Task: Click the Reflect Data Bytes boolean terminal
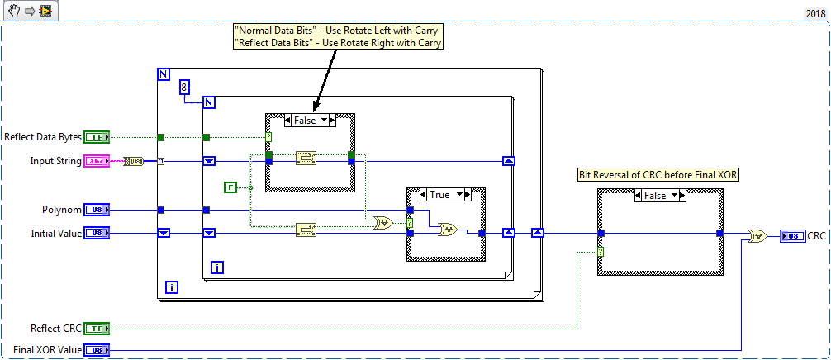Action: tap(96, 137)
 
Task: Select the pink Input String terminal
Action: tap(96, 161)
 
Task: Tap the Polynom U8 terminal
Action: tap(96, 210)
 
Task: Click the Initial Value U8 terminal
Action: tap(96, 234)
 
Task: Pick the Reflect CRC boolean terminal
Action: tap(96, 329)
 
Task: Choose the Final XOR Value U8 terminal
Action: tap(96, 350)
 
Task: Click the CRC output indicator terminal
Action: tap(791, 236)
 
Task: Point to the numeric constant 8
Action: tap(185, 87)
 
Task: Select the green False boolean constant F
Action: tap(231, 188)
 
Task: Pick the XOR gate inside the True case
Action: tap(449, 230)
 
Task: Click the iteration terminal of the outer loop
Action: tap(173, 287)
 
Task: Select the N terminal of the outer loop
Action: tap(163, 74)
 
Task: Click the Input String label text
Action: tap(55, 161)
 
